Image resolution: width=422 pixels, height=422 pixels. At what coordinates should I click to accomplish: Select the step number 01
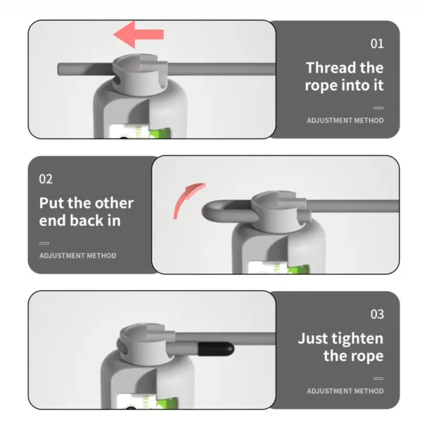point(377,44)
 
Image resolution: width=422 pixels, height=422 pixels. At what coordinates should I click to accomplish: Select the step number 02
point(46,179)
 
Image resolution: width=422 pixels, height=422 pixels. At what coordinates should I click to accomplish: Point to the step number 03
point(377,314)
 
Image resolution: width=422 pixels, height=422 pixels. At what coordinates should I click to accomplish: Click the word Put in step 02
point(52,203)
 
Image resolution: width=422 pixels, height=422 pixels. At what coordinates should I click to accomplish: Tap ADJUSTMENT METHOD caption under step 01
point(345,120)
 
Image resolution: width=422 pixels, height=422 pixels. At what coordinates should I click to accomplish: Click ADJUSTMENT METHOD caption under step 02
point(78,256)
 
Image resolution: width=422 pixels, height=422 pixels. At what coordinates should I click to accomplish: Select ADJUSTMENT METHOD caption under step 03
point(345,391)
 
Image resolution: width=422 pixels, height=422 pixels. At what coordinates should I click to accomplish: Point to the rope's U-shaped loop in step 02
point(211,211)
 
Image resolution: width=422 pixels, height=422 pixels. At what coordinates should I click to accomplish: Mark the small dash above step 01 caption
point(378,108)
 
